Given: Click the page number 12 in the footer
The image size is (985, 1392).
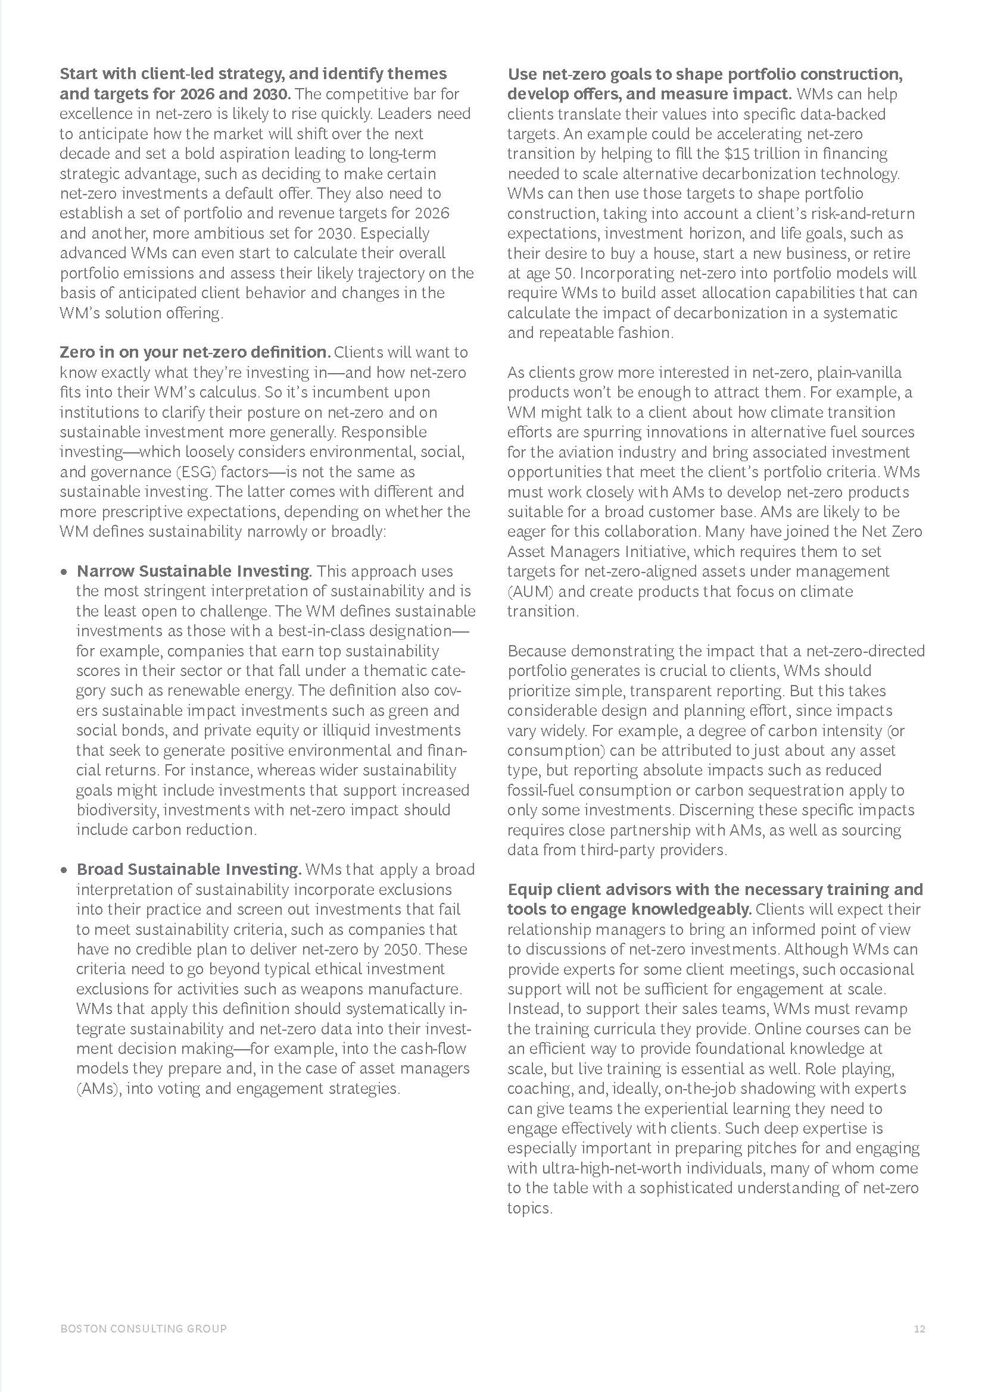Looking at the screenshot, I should (919, 1329).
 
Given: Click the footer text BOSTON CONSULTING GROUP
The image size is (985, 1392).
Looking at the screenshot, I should (143, 1329).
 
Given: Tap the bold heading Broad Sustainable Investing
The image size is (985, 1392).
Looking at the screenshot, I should (189, 869).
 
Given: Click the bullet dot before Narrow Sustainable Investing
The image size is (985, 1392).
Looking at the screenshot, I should (64, 573).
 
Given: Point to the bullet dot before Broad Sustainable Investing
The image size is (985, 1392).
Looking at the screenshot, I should (64, 871).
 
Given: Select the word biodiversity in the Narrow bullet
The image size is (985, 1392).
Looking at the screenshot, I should (117, 810).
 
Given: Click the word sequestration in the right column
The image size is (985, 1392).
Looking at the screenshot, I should (804, 790).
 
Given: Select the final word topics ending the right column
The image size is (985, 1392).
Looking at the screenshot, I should (529, 1208).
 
